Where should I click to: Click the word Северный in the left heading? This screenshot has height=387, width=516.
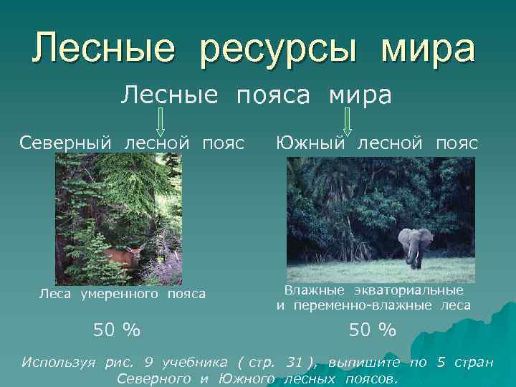[x=65, y=142]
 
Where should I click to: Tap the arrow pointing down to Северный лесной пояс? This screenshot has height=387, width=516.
[x=161, y=121]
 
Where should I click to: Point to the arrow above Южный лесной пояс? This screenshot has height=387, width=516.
[x=347, y=121]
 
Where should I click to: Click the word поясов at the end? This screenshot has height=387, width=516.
[x=371, y=377]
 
